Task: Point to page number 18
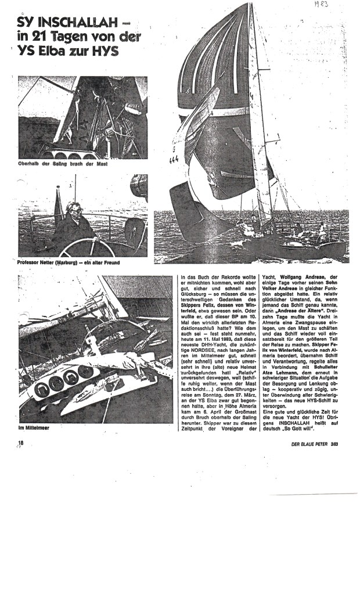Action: point(23,445)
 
